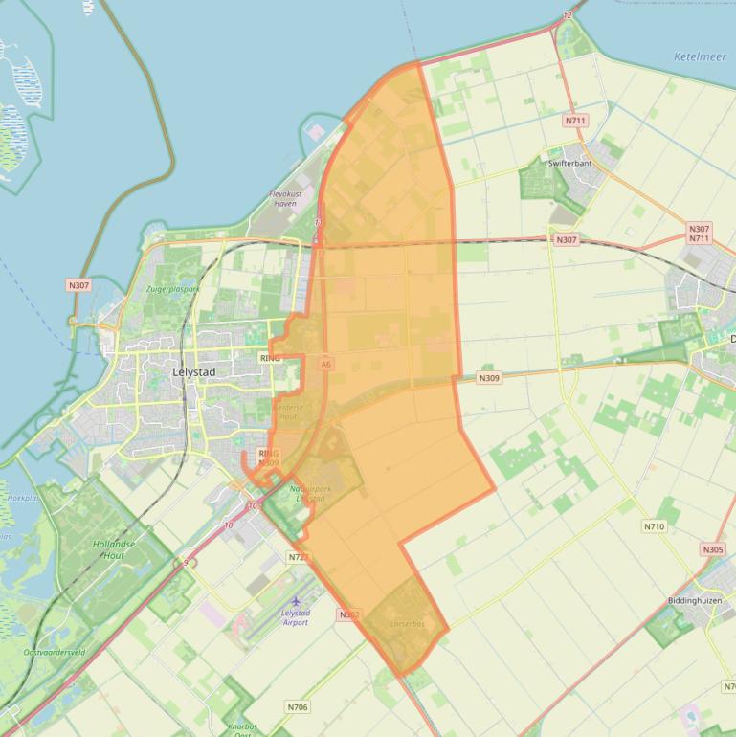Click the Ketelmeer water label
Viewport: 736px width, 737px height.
[700, 56]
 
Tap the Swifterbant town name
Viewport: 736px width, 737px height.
[569, 164]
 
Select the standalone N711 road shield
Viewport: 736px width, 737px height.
[574, 121]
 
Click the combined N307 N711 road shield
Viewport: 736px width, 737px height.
[699, 234]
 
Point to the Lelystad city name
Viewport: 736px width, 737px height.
[193, 371]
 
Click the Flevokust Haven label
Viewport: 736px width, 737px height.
[285, 198]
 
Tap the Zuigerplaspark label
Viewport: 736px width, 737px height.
[173, 288]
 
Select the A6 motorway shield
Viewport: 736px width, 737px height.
[326, 364]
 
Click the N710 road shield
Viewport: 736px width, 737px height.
[654, 526]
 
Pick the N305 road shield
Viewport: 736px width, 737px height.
[712, 549]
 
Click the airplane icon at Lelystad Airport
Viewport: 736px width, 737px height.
[296, 601]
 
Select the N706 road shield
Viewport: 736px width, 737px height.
[298, 707]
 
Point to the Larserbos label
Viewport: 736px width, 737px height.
[407, 623]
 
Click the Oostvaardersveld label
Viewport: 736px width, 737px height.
[55, 652]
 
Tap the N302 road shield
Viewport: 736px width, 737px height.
[348, 614]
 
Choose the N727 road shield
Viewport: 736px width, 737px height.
[297, 556]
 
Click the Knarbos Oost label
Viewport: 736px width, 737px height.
[243, 730]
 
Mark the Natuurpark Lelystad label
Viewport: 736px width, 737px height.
[309, 494]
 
